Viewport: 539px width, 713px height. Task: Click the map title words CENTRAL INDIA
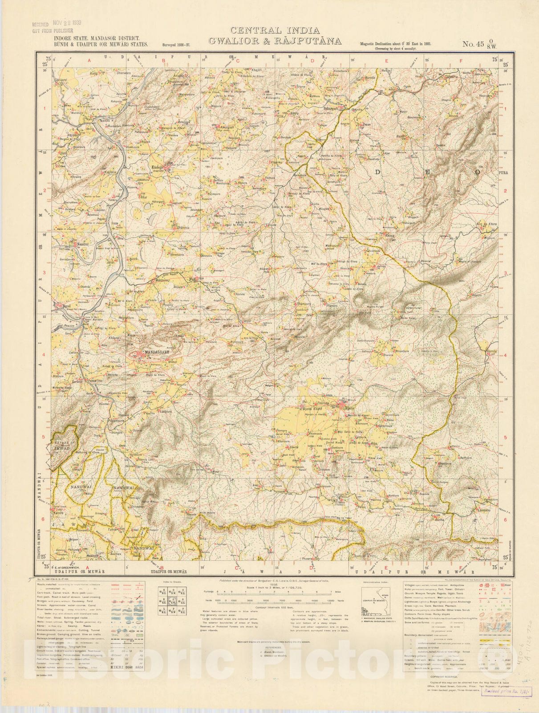click(x=275, y=31)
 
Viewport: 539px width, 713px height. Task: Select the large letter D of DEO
click(x=378, y=172)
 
